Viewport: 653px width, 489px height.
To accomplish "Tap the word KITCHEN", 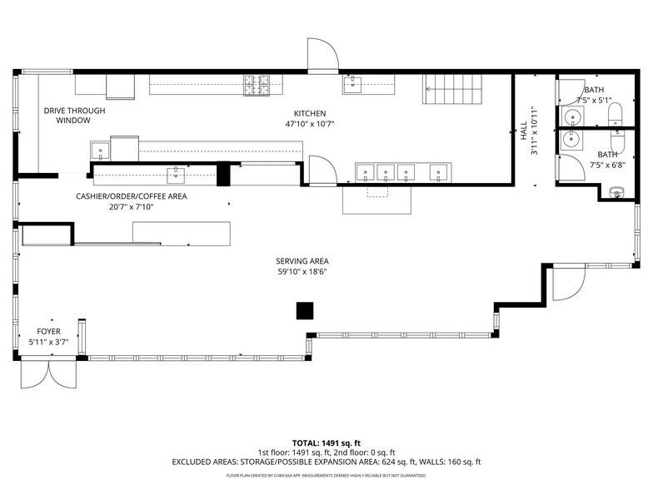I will pyautogui.click(x=309, y=113).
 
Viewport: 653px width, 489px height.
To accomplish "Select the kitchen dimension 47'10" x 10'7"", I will pyautogui.click(x=309, y=124).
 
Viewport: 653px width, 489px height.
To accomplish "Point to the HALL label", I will pyautogui.click(x=524, y=131).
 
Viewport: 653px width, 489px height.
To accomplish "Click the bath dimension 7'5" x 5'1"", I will pyautogui.click(x=594, y=100).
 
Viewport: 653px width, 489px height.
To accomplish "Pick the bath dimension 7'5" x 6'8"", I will pyautogui.click(x=607, y=165).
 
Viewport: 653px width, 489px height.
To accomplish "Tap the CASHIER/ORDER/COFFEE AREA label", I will pyautogui.click(x=132, y=196).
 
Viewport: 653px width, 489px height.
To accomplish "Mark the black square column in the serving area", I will pyautogui.click(x=306, y=310).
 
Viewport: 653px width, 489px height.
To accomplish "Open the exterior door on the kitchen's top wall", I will pyautogui.click(x=322, y=57).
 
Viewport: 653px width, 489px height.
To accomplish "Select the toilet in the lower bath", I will pyautogui.click(x=616, y=192).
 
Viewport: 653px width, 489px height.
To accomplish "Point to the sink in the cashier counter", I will pyautogui.click(x=177, y=175).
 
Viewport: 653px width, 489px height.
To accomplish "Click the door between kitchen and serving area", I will pyautogui.click(x=322, y=170).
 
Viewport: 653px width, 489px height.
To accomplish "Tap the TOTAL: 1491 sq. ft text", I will pyautogui.click(x=326, y=442).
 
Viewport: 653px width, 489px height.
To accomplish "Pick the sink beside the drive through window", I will pyautogui.click(x=100, y=151).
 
